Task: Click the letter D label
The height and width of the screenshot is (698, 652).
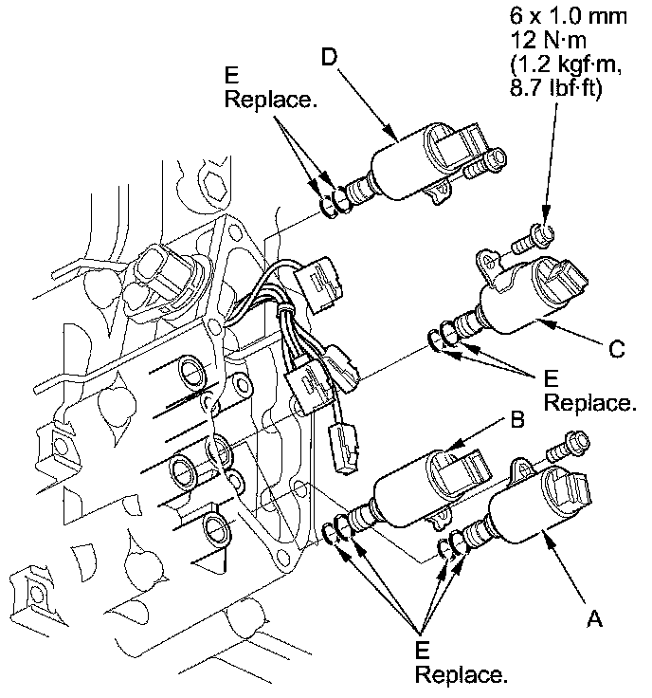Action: [329, 56]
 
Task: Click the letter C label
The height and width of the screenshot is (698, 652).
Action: [616, 349]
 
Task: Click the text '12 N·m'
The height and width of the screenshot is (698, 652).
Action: [549, 43]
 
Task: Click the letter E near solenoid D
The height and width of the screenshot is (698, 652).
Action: [232, 75]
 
